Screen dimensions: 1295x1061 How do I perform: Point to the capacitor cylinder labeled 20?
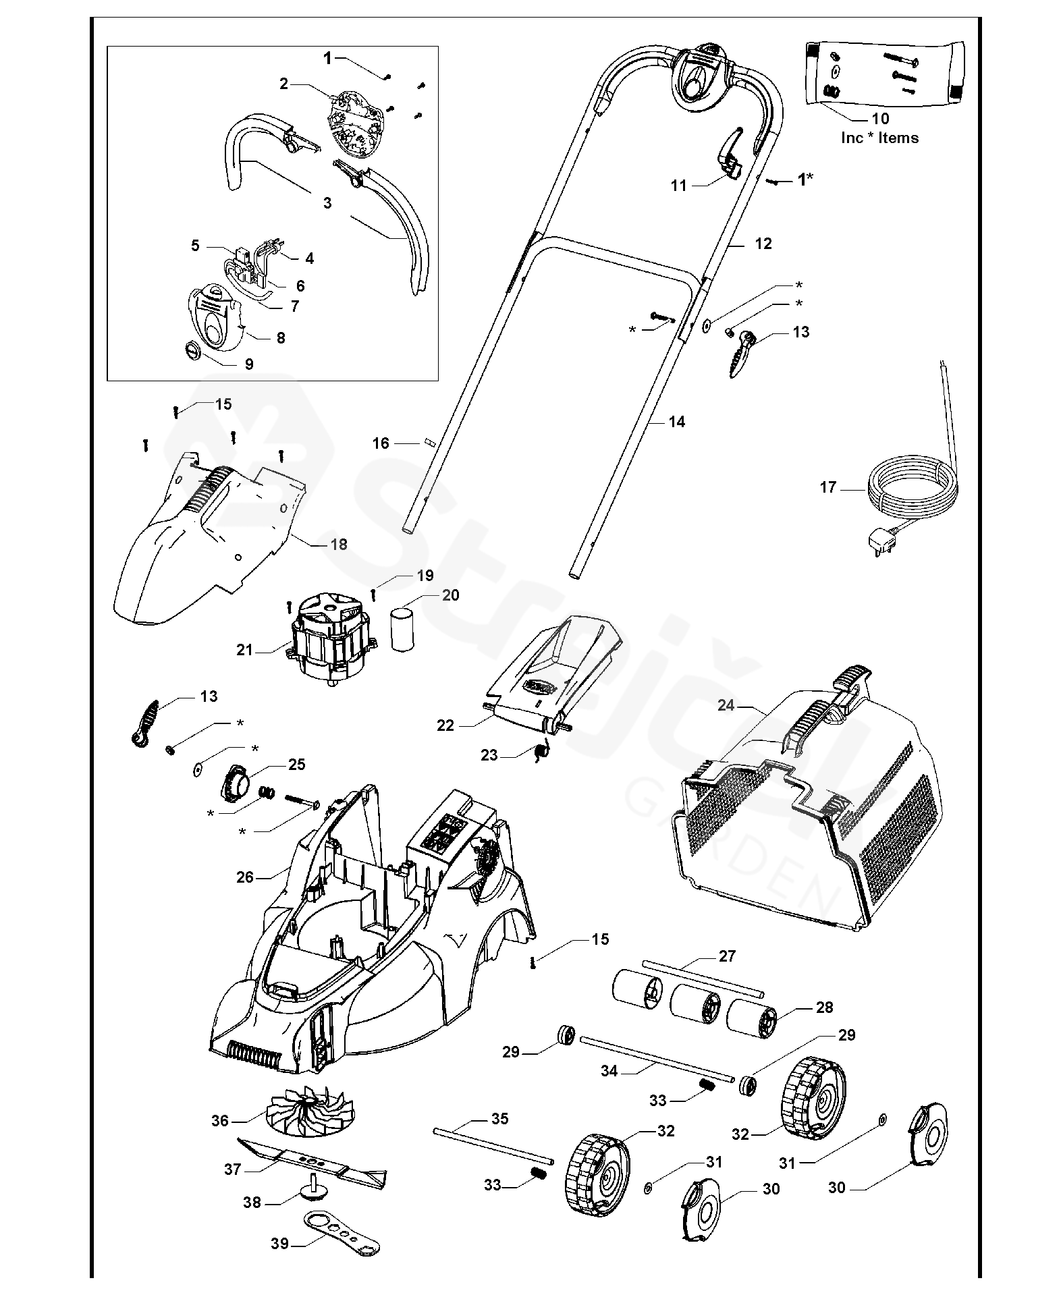click(402, 628)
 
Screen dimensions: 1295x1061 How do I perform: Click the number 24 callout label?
click(726, 705)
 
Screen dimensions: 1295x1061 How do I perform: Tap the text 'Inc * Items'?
click(879, 138)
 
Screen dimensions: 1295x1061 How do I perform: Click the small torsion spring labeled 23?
click(542, 751)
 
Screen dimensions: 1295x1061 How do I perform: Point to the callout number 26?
click(245, 877)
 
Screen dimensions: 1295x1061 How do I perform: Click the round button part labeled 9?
click(193, 351)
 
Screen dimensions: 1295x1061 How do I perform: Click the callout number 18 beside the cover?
click(339, 544)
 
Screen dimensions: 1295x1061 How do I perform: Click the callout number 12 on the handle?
click(763, 244)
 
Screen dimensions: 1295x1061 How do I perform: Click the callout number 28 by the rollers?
click(825, 1008)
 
